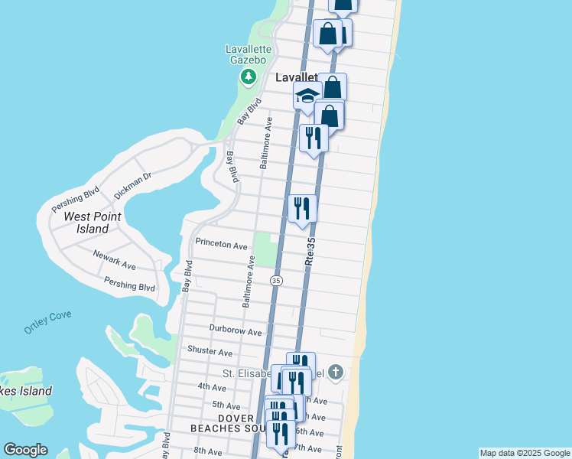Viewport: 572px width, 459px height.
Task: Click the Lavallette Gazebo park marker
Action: [x=248, y=76]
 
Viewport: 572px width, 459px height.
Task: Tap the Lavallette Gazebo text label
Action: [x=245, y=54]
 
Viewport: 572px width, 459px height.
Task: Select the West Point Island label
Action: [x=92, y=223]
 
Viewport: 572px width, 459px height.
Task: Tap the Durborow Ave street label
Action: [x=236, y=332]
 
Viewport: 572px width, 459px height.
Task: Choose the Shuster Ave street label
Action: [x=210, y=352]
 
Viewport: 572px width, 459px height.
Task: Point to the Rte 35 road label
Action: [x=310, y=251]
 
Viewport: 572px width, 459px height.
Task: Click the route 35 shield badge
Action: [x=275, y=281]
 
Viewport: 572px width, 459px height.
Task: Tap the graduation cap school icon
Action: [x=307, y=96]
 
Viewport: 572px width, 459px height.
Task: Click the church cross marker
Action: [x=336, y=373]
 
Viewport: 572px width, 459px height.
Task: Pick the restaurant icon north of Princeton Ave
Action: [x=302, y=207]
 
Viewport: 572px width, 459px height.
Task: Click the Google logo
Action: [x=25, y=450]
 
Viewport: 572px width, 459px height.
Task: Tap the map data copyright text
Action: [x=524, y=453]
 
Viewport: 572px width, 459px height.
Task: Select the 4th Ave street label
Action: [x=210, y=387]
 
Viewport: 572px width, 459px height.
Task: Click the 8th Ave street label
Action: [x=207, y=451]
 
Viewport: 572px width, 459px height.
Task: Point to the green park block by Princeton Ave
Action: [x=265, y=249]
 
